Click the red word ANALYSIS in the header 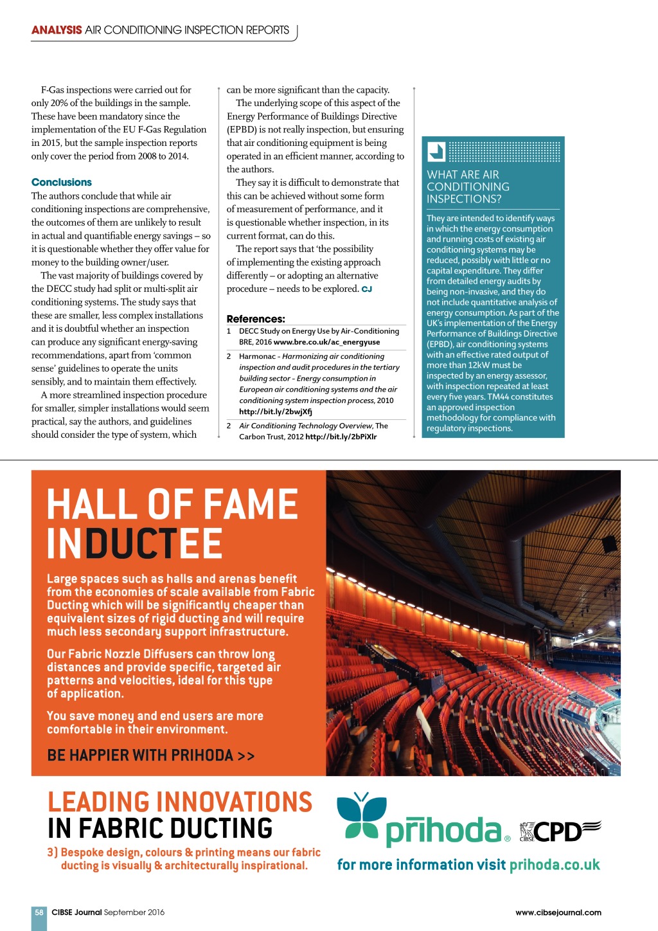tap(57, 30)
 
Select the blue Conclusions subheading tap(62, 183)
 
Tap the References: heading tap(256, 319)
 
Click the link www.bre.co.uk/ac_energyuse tap(326, 342)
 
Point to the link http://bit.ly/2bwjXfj tap(276, 411)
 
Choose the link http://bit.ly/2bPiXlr tap(341, 437)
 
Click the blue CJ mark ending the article tap(367, 289)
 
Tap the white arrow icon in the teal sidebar tap(436, 152)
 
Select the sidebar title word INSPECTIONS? tap(464, 199)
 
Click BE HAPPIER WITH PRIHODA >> tap(151, 755)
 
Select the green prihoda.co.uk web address tap(555, 865)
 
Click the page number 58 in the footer tap(39, 912)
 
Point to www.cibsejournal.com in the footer tap(558, 912)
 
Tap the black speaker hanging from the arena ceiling tap(609, 544)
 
